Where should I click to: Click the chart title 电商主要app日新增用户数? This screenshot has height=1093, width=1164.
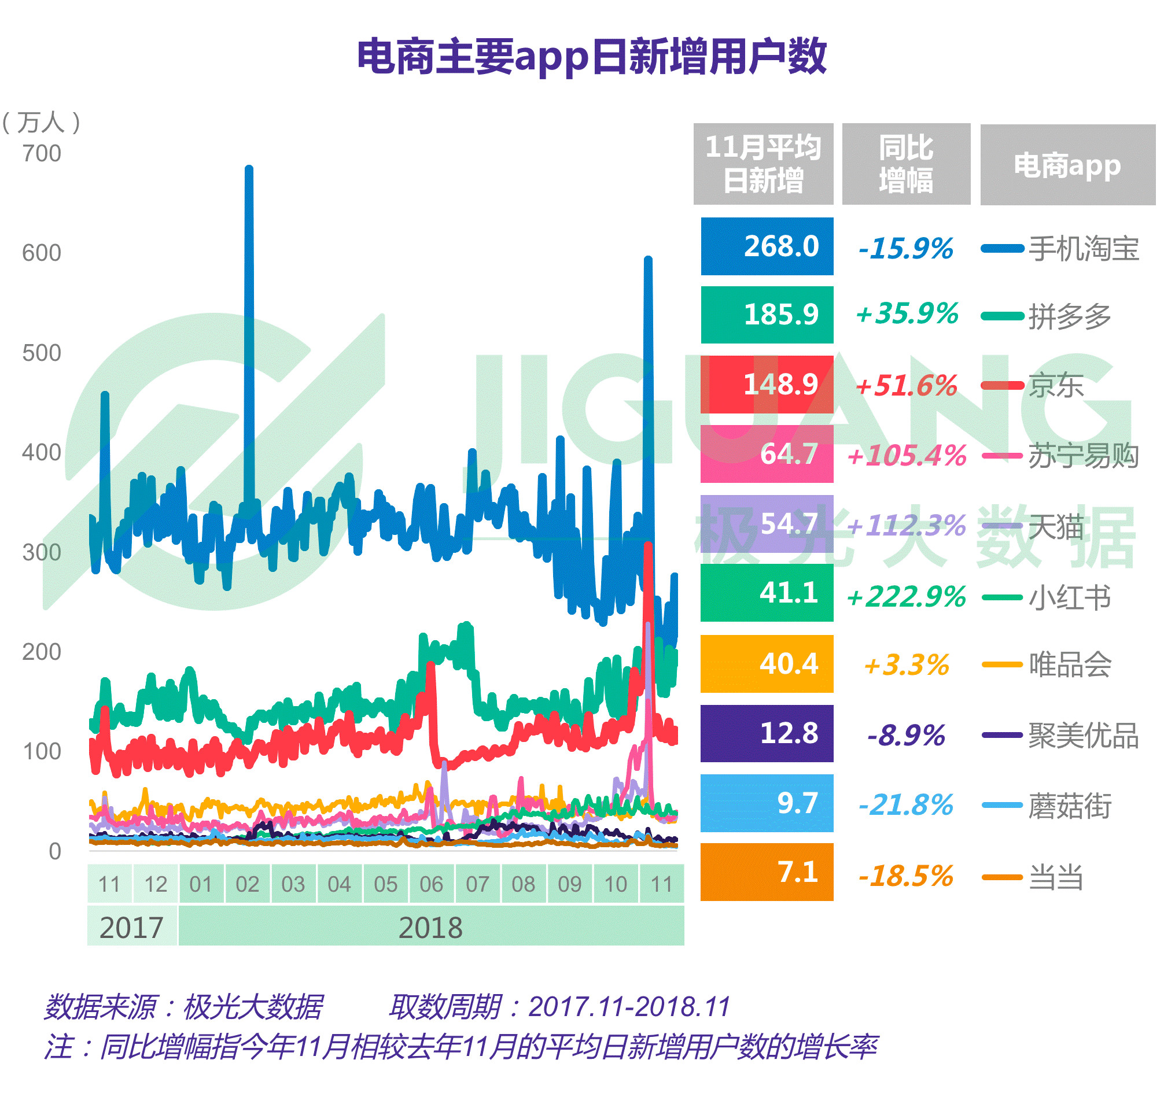[591, 57]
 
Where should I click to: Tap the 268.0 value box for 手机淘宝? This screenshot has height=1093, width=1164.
[767, 246]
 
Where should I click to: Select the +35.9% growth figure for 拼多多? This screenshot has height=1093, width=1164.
[907, 315]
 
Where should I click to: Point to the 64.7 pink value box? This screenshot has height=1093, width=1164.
[767, 455]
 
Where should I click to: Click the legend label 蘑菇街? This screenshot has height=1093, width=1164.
[1070, 806]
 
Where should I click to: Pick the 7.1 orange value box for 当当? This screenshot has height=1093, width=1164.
[767, 872]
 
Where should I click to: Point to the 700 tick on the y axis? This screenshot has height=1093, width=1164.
[42, 154]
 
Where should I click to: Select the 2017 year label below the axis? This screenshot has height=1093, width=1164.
[132, 928]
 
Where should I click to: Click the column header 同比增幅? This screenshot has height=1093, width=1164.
[906, 164]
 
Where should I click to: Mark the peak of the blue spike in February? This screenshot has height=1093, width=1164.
[249, 169]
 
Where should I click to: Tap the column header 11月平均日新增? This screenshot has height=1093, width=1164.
[763, 164]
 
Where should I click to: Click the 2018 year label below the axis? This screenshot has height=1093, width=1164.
[431, 928]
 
